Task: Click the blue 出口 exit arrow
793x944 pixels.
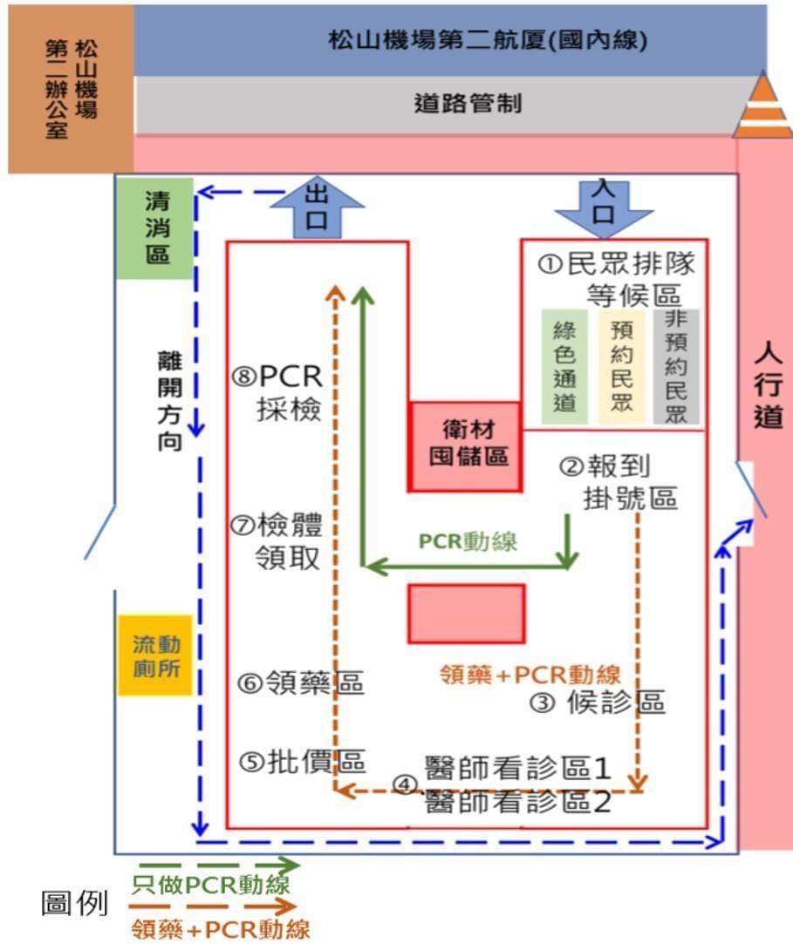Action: pos(317,207)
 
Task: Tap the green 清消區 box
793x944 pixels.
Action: pos(155,228)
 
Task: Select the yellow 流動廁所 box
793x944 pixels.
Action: pos(155,655)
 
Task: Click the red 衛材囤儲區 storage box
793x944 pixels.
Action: pos(465,446)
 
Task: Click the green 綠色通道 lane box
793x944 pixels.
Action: pos(564,367)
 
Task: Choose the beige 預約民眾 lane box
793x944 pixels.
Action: pos(621,367)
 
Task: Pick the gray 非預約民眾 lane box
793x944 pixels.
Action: pos(676,367)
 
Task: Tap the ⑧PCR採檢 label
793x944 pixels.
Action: pos(277,392)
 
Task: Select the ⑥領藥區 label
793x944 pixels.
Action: pos(300,683)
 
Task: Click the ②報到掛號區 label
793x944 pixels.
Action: pos(618,482)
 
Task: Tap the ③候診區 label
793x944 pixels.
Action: pos(598,703)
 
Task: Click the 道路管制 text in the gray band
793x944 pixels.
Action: pos(468,104)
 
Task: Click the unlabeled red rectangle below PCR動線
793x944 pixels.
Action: pos(467,615)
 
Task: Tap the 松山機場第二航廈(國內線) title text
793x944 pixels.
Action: pos(488,40)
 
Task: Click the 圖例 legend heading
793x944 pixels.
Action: pos(74,903)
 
